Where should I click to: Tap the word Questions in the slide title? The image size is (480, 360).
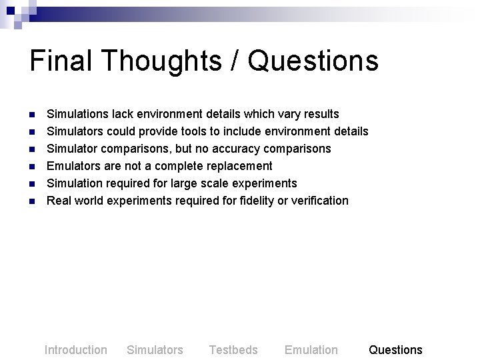pyautogui.click(x=313, y=61)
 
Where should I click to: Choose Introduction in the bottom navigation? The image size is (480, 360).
pyautogui.click(x=75, y=350)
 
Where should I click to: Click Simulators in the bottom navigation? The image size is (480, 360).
pyautogui.click(x=155, y=350)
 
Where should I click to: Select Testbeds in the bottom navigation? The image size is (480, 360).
pyautogui.click(x=233, y=350)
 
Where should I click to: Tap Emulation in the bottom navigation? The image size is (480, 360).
pyautogui.click(x=311, y=350)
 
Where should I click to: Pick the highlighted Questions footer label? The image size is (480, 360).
pyautogui.click(x=395, y=350)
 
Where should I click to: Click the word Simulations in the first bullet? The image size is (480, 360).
pyautogui.click(x=77, y=114)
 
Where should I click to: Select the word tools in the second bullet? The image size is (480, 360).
pyautogui.click(x=213, y=131)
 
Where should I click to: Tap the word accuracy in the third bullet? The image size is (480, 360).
pyautogui.click(x=241, y=149)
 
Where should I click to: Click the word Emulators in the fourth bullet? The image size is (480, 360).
pyautogui.click(x=74, y=166)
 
